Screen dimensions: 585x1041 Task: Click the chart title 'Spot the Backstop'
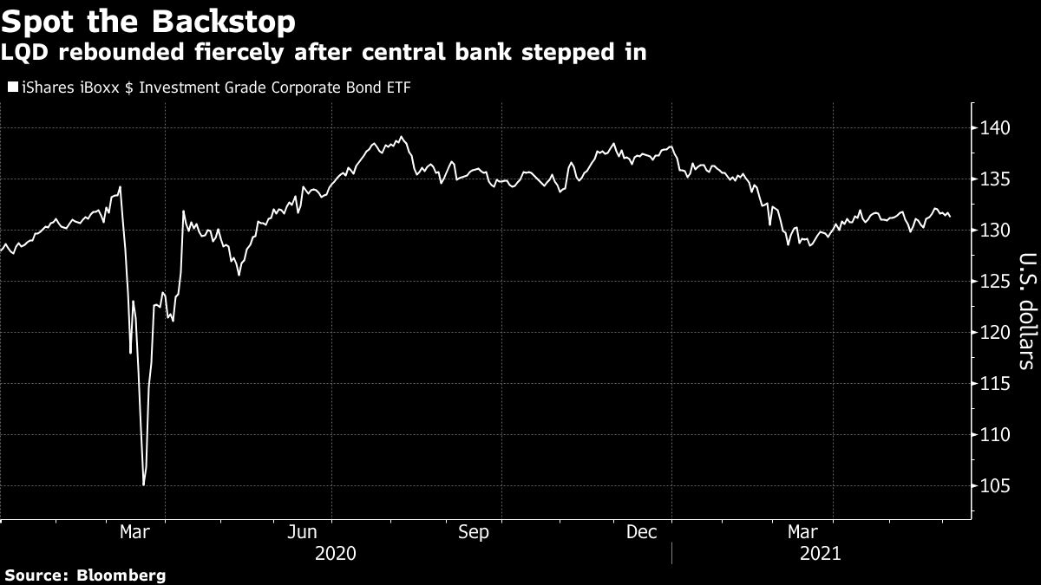coord(148,21)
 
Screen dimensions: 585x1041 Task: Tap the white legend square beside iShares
coord(13,87)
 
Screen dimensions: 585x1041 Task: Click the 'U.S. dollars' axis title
coord(1026,310)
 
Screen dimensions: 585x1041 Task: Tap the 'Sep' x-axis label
coord(474,532)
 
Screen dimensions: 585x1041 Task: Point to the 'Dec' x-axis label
coord(640,532)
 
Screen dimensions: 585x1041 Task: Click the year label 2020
coord(335,552)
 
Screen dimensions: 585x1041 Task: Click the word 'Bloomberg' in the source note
coord(121,575)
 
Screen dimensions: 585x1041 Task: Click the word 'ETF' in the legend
coord(396,87)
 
